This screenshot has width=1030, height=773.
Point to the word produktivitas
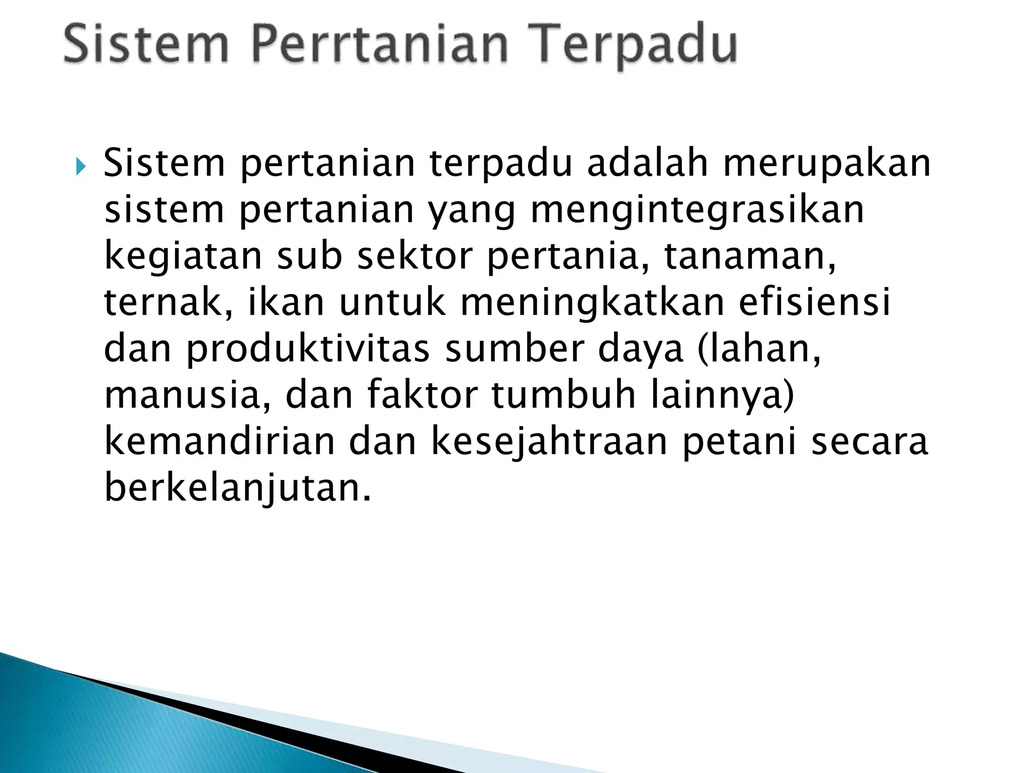click(308, 350)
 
